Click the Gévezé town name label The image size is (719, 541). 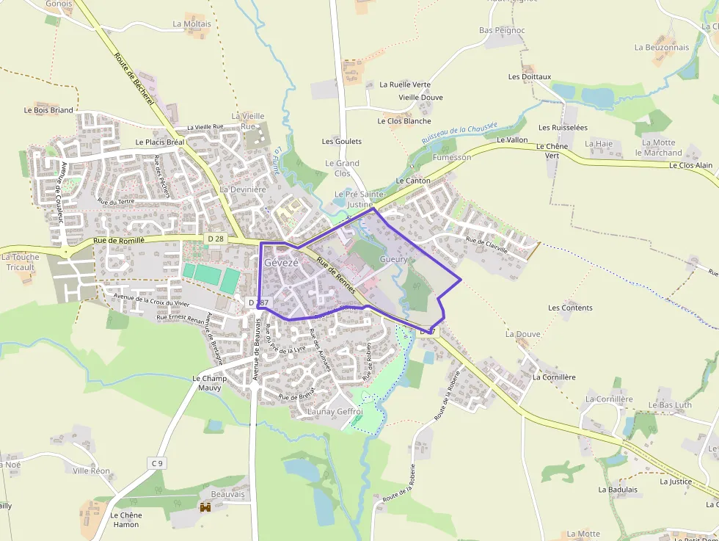click(x=281, y=262)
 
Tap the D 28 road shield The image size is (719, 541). click(x=215, y=239)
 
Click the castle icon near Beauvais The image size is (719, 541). click(x=205, y=507)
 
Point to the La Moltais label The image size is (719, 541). click(x=191, y=23)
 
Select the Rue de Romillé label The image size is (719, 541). click(x=120, y=240)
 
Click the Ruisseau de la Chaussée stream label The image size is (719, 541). click(x=459, y=133)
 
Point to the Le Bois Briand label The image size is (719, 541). click(x=48, y=110)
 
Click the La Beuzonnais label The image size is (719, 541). click(x=662, y=47)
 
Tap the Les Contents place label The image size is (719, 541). click(x=570, y=308)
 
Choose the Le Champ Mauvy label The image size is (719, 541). click(x=207, y=382)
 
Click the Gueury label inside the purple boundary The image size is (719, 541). click(x=393, y=260)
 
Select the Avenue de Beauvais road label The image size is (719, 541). click(x=257, y=354)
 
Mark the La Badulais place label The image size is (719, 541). click(x=618, y=490)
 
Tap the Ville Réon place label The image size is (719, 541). click(x=91, y=471)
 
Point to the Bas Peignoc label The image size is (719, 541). click(x=502, y=30)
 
